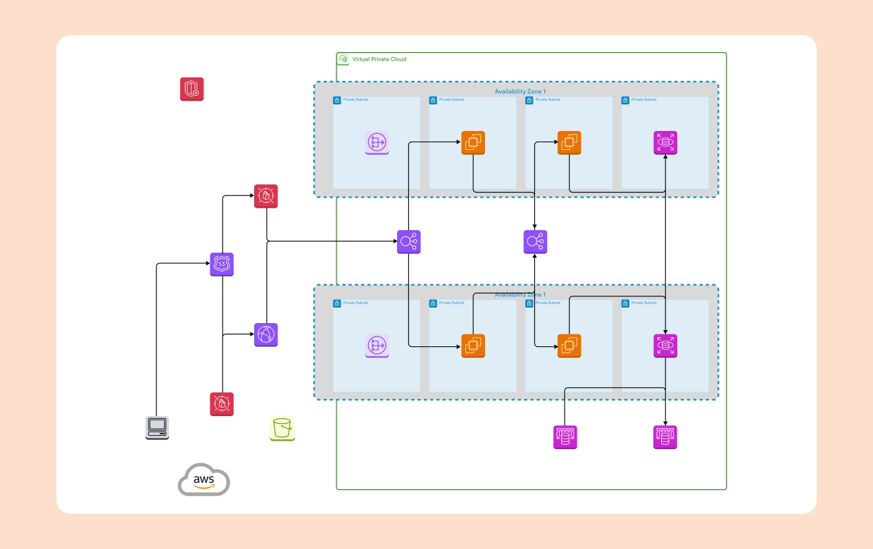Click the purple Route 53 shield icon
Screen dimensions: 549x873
click(222, 264)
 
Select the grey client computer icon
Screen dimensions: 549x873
click(157, 427)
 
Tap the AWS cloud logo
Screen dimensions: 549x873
click(203, 480)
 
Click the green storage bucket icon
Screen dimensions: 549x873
click(282, 428)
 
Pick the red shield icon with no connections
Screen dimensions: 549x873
click(191, 89)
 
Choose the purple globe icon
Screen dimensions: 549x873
click(266, 335)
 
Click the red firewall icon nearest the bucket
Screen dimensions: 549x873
click(222, 404)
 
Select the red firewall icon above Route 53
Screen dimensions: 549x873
click(266, 196)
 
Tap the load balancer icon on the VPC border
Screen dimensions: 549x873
click(408, 242)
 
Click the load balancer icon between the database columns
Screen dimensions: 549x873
click(535, 242)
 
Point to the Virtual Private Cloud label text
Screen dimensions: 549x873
click(379, 59)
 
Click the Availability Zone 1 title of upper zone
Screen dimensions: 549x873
click(520, 91)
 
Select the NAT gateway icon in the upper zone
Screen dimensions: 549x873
click(377, 143)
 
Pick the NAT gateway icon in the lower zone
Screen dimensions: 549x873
click(377, 346)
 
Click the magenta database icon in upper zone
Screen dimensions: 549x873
click(665, 143)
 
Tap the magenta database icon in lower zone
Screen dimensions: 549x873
click(665, 346)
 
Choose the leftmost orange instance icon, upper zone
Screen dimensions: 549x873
click(473, 143)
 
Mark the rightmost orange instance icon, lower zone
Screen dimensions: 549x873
click(570, 346)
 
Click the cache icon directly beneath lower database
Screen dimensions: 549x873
click(665, 437)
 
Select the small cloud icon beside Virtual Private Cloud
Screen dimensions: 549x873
click(344, 59)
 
